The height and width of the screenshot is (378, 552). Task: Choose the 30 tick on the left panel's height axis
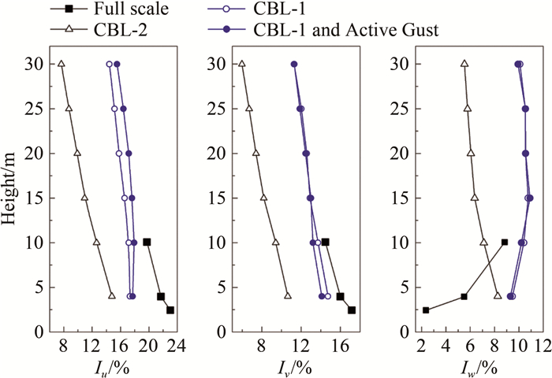click(x=35, y=65)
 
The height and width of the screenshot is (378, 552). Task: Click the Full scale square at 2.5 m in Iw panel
click(x=426, y=310)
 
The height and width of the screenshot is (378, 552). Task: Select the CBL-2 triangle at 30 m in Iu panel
click(x=62, y=64)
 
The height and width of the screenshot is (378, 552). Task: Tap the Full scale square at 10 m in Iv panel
click(x=325, y=242)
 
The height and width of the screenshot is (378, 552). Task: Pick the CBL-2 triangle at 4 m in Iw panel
click(x=498, y=296)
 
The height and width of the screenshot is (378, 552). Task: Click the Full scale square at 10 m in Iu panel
click(x=147, y=242)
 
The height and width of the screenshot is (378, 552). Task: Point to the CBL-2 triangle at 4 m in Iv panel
click(x=288, y=296)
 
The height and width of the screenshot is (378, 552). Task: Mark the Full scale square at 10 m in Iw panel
click(x=505, y=242)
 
